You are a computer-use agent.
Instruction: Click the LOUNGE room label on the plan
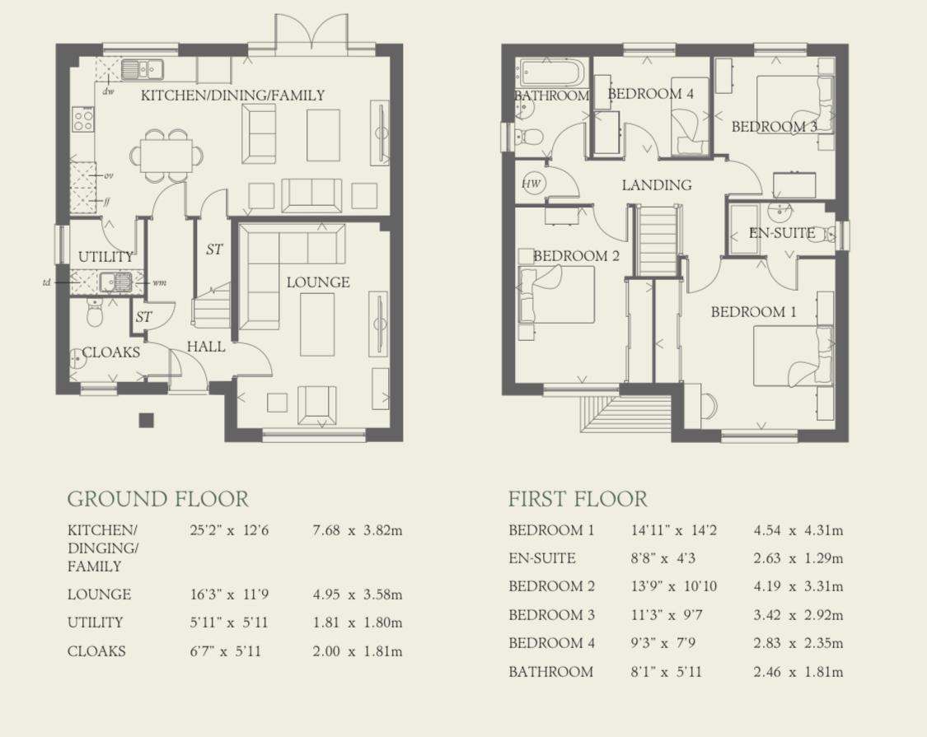click(x=318, y=282)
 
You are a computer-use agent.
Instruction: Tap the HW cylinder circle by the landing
click(x=531, y=184)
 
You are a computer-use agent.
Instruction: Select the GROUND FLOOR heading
click(x=158, y=499)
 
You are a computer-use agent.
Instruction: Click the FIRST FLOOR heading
click(x=578, y=499)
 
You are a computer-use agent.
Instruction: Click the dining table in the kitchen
click(x=166, y=155)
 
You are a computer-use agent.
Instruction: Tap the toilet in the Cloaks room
click(x=96, y=311)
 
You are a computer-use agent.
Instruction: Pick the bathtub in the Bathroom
click(x=551, y=73)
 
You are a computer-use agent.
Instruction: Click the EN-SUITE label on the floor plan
click(x=782, y=233)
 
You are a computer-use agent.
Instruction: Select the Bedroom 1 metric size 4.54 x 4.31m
click(x=798, y=530)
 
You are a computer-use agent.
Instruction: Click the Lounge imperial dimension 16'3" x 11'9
click(x=229, y=594)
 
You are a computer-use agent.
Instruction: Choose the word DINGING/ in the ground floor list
click(x=103, y=548)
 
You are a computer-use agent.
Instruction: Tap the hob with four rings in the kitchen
click(x=82, y=119)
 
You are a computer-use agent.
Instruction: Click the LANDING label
click(x=656, y=185)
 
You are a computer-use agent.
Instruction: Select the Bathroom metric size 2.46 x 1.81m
click(x=798, y=672)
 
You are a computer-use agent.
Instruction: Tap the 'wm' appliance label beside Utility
click(x=160, y=282)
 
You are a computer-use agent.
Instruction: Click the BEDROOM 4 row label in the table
click(x=551, y=643)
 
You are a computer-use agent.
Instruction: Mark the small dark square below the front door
click(x=146, y=420)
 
